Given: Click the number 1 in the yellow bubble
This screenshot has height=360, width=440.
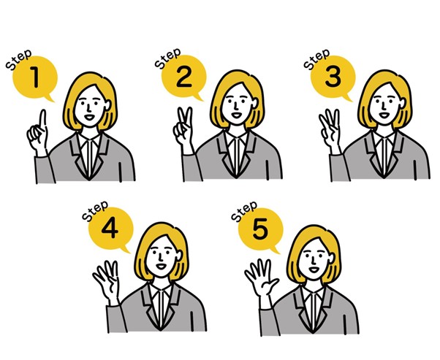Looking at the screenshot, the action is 35,77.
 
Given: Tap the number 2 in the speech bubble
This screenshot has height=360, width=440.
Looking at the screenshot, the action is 184,77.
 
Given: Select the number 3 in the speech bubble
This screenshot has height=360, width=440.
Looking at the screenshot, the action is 333,76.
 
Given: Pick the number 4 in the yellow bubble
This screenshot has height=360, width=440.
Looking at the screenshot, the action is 110,229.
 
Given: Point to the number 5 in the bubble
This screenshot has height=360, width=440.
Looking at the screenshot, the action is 260,229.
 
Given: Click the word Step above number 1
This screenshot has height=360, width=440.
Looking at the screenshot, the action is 18,60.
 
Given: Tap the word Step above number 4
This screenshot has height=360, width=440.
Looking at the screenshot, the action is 95,211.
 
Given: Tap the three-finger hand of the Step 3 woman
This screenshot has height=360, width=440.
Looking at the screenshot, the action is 330,131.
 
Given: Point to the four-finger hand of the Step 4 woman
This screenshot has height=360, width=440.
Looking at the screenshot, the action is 107,283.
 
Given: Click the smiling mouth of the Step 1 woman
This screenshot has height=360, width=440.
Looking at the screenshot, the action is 88,116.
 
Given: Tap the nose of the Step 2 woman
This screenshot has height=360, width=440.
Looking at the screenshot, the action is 237,106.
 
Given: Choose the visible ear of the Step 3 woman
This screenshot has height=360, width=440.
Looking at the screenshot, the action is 403,104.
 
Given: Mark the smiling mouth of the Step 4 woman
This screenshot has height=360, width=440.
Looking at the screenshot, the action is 161,266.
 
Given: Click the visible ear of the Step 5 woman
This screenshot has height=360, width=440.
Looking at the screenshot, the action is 332,258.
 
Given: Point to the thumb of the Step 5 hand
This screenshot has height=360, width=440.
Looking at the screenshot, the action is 272,283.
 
